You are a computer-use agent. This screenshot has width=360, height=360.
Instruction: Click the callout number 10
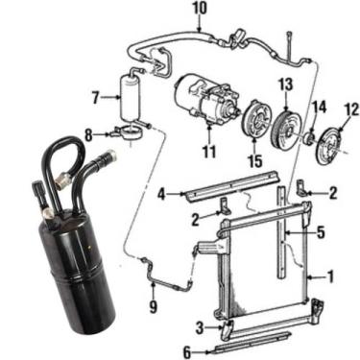200,9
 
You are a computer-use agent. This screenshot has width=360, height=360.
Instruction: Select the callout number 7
95,97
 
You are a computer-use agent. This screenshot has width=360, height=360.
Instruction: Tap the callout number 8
88,135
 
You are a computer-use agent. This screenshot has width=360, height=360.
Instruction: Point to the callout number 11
209,152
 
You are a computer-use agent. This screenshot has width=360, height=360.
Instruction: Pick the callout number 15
255,161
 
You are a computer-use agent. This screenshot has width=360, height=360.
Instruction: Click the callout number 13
285,84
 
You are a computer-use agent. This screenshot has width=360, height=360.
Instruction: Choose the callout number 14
319,107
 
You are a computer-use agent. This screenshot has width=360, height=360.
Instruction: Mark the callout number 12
351,109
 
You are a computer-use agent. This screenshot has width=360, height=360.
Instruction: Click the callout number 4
162,194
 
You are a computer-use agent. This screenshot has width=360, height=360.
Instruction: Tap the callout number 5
321,232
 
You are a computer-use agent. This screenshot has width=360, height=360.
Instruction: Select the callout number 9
154,307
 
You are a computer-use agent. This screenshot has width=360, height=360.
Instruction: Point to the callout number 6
187,352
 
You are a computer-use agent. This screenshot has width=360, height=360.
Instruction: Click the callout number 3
200,327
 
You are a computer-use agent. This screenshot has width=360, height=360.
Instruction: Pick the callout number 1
330,276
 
